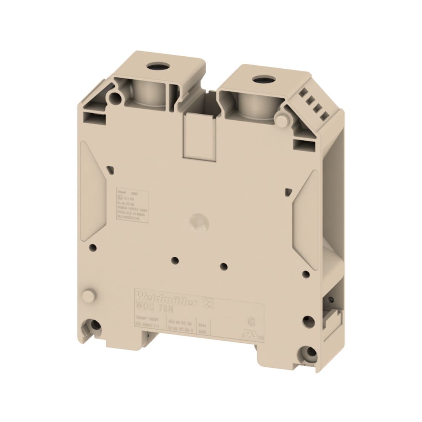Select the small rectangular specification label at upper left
(x=132, y=206)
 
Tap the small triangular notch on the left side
(x=111, y=170)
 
